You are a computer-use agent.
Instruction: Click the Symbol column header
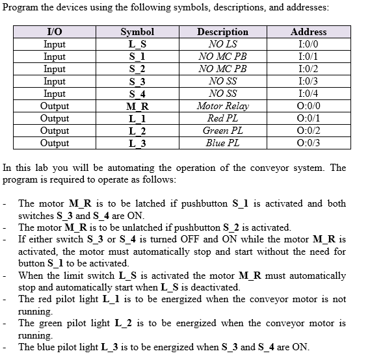(x=137, y=32)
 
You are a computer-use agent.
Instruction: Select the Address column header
(x=308, y=32)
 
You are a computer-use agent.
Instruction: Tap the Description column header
(x=222, y=32)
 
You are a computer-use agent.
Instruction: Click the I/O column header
(x=55, y=32)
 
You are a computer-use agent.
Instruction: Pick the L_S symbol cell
(x=137, y=44)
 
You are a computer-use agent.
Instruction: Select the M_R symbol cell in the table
(x=137, y=106)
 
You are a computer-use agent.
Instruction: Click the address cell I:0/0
(x=308, y=44)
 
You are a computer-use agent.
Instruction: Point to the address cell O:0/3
(x=308, y=143)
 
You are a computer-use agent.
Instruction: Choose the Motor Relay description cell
(x=222, y=106)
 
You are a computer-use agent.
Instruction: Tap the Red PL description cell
(x=222, y=118)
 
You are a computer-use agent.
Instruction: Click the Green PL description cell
(x=222, y=131)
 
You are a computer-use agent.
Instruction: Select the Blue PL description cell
(x=222, y=143)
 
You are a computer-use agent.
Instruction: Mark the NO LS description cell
(x=222, y=44)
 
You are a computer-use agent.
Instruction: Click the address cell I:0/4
(x=308, y=94)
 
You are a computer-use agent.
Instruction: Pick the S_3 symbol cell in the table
(x=137, y=81)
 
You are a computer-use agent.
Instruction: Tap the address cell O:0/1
(x=308, y=118)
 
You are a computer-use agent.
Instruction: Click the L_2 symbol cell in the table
(x=137, y=131)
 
